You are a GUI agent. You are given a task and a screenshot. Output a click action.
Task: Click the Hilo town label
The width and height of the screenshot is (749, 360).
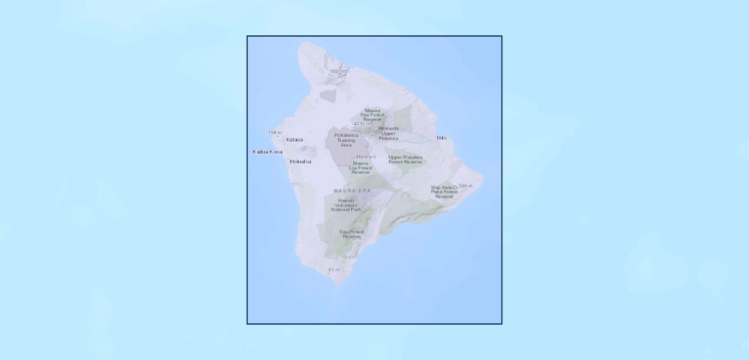[x=442, y=138]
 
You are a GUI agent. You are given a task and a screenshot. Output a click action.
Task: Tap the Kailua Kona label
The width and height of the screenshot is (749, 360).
[x=267, y=152]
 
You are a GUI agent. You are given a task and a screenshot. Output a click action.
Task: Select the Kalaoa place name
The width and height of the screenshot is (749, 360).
[x=295, y=140]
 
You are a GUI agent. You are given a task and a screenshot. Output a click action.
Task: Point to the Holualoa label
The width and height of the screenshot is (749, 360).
[x=301, y=161]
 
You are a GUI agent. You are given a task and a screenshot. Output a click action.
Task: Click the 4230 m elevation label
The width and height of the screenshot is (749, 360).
[x=362, y=124]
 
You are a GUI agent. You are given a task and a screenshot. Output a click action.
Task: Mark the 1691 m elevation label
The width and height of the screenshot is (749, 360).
[x=338, y=71]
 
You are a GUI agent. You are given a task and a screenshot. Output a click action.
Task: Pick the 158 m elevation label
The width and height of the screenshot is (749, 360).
[x=275, y=133]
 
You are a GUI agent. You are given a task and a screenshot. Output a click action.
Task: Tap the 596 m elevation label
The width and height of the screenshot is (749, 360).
[x=466, y=186]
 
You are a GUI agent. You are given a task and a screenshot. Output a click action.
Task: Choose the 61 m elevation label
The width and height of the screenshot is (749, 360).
[x=334, y=270]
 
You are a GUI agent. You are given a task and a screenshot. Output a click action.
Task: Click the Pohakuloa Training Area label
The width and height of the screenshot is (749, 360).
[x=346, y=140]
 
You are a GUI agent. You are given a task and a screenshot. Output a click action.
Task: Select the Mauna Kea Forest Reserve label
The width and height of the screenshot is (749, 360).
[x=372, y=115]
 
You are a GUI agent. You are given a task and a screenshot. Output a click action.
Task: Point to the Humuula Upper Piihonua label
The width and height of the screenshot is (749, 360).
[x=388, y=133]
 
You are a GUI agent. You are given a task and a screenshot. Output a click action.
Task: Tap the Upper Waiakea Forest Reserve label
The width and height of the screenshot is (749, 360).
[x=405, y=160]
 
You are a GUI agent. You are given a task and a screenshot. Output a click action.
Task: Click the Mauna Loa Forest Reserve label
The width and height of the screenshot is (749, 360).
[x=361, y=167]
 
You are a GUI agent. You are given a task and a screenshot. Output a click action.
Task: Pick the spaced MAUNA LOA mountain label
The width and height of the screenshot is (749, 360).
[x=352, y=191]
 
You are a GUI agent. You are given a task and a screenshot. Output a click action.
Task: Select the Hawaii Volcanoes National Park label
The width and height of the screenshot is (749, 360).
[x=346, y=205]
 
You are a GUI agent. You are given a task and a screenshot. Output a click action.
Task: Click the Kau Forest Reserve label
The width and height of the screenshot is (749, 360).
[x=352, y=234]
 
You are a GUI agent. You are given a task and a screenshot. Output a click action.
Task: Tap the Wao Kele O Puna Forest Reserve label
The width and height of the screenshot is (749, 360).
[x=444, y=192]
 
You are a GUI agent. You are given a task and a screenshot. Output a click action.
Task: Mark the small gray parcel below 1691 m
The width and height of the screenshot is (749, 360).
[x=328, y=94]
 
